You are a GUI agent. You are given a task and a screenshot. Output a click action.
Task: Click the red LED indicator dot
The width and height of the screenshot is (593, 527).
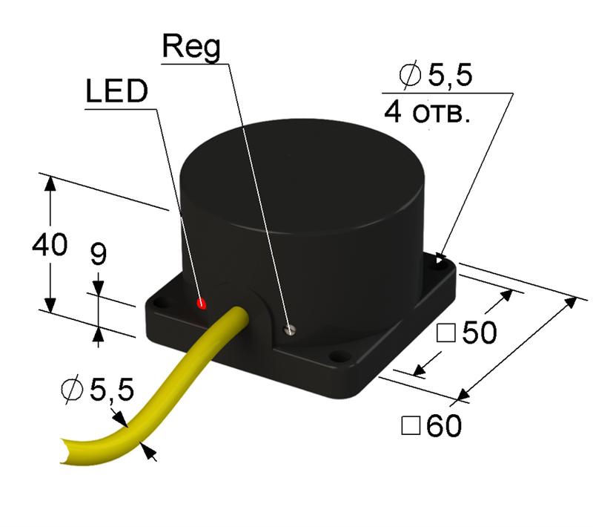201,304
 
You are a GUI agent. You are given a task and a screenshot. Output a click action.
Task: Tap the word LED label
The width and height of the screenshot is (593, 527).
116,93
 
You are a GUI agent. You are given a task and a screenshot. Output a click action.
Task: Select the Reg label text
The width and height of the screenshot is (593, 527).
191,47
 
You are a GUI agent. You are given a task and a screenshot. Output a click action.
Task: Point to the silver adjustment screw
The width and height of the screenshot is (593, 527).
291,330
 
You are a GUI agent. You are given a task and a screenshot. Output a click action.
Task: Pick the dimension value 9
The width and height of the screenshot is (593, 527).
98,255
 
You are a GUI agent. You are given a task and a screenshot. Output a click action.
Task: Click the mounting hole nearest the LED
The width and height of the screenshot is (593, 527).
159,301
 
